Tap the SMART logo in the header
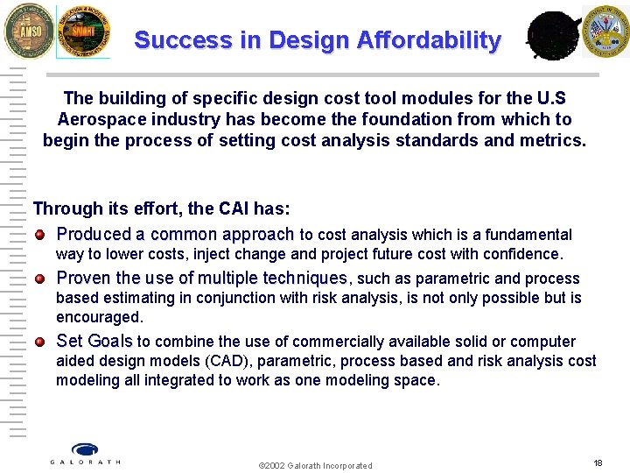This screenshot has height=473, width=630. click(x=84, y=31)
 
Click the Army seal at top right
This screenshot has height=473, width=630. click(x=606, y=30)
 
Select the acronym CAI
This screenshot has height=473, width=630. click(x=206, y=208)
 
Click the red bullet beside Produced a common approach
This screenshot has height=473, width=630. click(x=40, y=235)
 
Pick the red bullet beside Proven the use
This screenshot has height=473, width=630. click(x=40, y=279)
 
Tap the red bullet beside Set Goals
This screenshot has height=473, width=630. click(x=40, y=342)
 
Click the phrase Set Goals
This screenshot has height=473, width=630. click(x=94, y=342)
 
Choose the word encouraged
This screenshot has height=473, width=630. click(x=99, y=317)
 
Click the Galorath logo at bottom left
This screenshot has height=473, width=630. click(x=85, y=453)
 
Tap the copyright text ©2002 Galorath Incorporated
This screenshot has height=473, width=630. click(x=315, y=465)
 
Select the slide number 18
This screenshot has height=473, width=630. click(x=598, y=462)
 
